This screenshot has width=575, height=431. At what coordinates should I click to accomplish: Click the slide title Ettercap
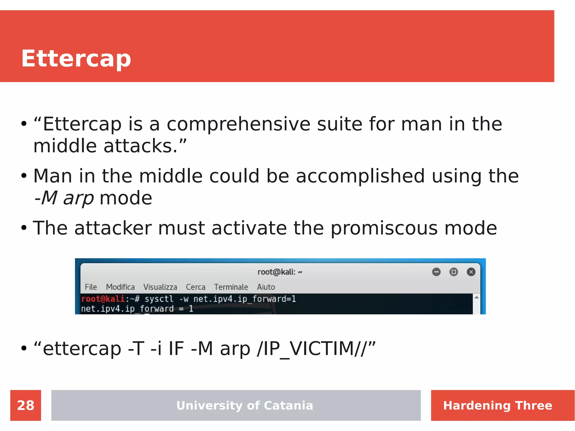(x=76, y=58)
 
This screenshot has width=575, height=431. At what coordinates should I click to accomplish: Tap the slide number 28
(x=26, y=405)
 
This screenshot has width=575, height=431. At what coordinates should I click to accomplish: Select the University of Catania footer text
(x=245, y=405)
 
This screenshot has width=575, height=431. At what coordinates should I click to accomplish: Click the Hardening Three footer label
(x=498, y=405)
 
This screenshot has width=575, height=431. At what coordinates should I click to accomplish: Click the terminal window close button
(x=471, y=272)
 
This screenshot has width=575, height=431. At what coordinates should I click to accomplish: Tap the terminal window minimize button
(x=436, y=272)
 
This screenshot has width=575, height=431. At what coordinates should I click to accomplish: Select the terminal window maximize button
(x=453, y=272)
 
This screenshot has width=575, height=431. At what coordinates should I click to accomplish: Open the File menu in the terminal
(x=91, y=287)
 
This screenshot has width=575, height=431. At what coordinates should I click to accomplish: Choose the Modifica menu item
(x=120, y=287)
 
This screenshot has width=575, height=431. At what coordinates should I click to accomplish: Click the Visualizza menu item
(x=160, y=287)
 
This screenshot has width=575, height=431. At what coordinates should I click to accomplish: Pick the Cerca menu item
(x=195, y=287)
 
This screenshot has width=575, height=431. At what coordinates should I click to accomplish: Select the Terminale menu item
(x=231, y=287)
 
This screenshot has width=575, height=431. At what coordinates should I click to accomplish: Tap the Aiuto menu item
(x=266, y=287)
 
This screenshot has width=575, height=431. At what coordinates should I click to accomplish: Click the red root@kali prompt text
(x=103, y=299)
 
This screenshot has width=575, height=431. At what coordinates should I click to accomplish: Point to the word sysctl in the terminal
(x=159, y=299)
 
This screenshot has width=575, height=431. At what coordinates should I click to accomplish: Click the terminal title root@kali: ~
(x=280, y=272)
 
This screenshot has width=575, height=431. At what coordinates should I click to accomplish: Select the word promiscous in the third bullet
(x=384, y=228)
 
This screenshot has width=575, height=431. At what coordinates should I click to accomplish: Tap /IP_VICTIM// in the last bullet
(x=312, y=348)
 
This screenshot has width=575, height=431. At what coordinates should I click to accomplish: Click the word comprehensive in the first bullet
(x=238, y=124)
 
